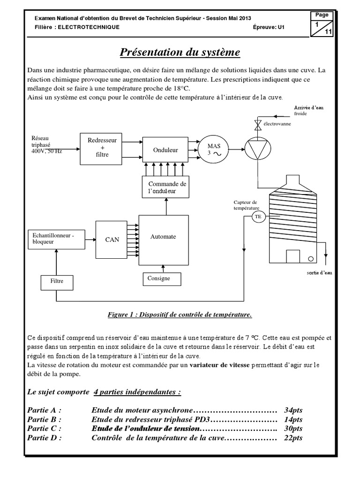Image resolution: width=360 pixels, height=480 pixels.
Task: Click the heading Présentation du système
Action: click(180, 52)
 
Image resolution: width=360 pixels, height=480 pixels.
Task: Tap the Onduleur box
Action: click(165, 150)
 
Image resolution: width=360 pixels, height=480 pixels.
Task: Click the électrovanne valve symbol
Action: click(257, 124)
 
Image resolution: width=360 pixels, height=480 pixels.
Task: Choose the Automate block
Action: click(163, 237)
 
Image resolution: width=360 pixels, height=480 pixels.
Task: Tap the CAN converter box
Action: click(112, 240)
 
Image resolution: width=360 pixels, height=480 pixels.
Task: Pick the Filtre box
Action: click(56, 281)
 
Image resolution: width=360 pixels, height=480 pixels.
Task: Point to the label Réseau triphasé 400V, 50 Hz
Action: click(46, 145)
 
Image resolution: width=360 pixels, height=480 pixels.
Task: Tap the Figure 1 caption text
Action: click(180, 315)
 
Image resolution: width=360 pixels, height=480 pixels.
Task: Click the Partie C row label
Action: click(44, 428)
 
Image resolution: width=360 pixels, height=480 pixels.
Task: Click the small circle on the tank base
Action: click(310, 259)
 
